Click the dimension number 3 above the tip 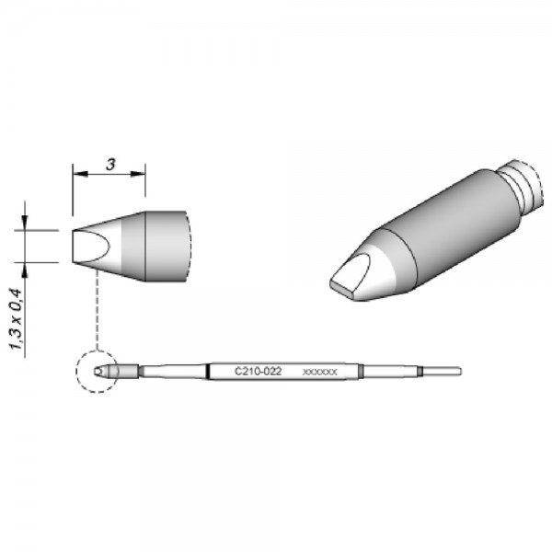(109, 166)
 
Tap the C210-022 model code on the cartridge (259, 370)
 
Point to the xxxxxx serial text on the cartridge (320, 371)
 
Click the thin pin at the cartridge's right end (442, 371)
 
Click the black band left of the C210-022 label (211, 371)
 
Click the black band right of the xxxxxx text (362, 371)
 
